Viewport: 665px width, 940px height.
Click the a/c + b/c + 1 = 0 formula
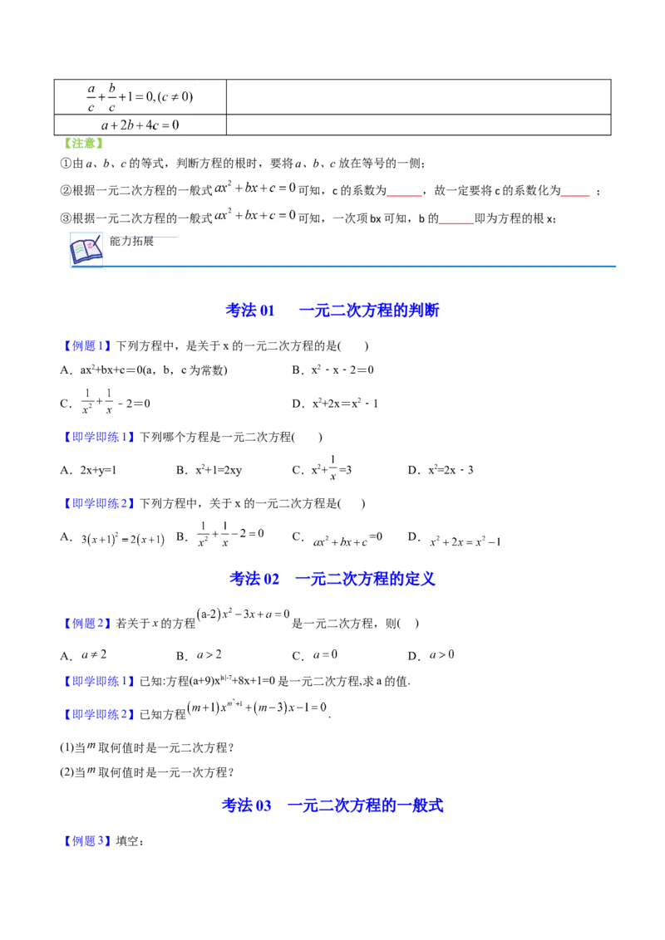point(140,97)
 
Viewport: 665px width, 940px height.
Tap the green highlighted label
point(83,144)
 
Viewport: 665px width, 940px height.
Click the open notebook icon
point(86,249)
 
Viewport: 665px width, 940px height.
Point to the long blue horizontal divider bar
point(362,266)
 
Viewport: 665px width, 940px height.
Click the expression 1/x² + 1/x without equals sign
point(96,399)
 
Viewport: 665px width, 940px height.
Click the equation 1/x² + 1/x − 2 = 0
point(229,532)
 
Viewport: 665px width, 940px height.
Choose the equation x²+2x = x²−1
point(465,541)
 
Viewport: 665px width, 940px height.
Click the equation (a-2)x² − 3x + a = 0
point(243,614)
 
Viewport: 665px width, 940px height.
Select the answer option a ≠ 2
point(93,654)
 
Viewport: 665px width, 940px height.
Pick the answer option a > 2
point(209,654)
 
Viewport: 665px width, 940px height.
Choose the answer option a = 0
point(325,654)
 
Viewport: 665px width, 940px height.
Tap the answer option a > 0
point(441,654)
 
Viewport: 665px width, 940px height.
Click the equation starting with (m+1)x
point(257,707)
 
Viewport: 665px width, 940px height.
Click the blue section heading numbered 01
point(332,311)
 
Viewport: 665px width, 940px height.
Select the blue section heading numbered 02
point(332,579)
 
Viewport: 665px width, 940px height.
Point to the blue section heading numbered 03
point(332,805)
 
